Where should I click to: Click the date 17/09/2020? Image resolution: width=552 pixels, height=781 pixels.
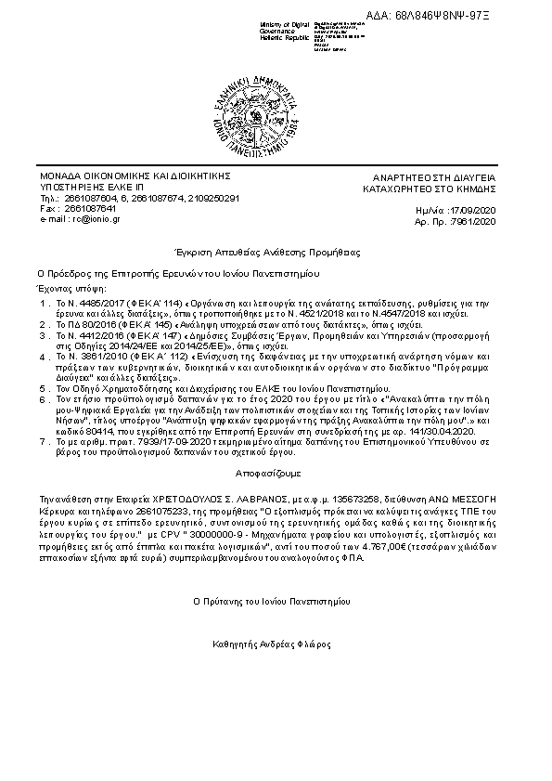tap(479, 213)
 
